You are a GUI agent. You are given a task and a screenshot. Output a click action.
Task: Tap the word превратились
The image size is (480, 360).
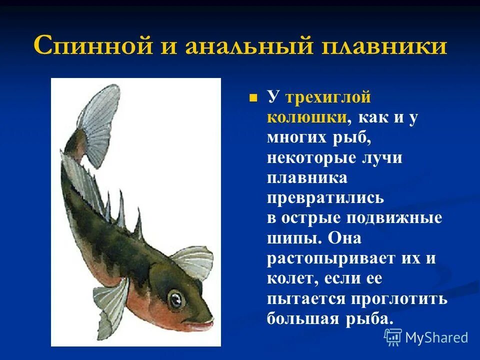click(x=325, y=197)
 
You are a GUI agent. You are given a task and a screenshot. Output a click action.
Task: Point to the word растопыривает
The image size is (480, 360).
click(x=325, y=258)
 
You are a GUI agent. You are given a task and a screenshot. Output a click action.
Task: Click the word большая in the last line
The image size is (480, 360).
click(x=308, y=318)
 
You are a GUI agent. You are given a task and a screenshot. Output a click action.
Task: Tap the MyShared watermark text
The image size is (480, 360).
click(x=436, y=337)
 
